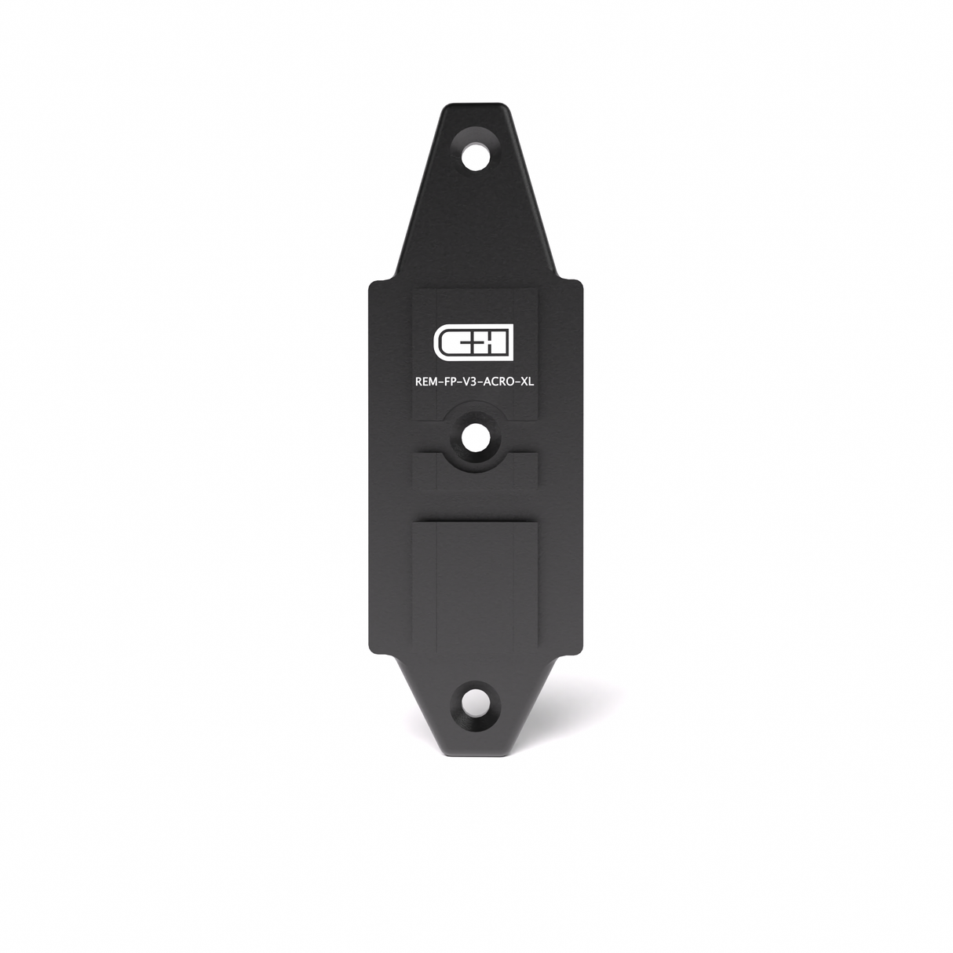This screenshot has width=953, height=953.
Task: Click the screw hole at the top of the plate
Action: [474, 155]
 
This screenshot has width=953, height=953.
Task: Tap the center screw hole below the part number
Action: [474, 438]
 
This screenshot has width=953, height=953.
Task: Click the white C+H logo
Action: [473, 341]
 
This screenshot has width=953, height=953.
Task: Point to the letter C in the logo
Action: [447, 341]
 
